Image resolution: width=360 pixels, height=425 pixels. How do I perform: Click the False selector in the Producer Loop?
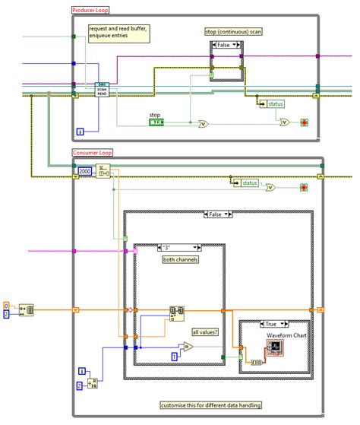tap(226, 46)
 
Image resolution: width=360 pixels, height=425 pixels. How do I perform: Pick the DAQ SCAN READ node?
tap(104, 90)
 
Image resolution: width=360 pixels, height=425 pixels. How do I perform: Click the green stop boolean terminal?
tap(156, 122)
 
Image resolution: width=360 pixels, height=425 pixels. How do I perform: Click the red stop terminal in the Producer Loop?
tap(303, 122)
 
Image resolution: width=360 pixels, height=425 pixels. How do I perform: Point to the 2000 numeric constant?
tap(85, 172)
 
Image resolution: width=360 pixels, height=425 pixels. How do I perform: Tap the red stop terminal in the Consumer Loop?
tap(303, 187)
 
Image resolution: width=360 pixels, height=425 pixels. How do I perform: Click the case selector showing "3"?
tap(178, 247)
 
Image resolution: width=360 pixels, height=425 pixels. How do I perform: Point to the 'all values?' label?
tap(204, 331)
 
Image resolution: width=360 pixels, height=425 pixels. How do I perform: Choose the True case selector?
tap(273, 323)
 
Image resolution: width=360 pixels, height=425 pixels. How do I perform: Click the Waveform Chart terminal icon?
tap(274, 348)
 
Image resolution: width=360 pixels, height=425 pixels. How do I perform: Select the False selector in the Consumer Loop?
tap(217, 214)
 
